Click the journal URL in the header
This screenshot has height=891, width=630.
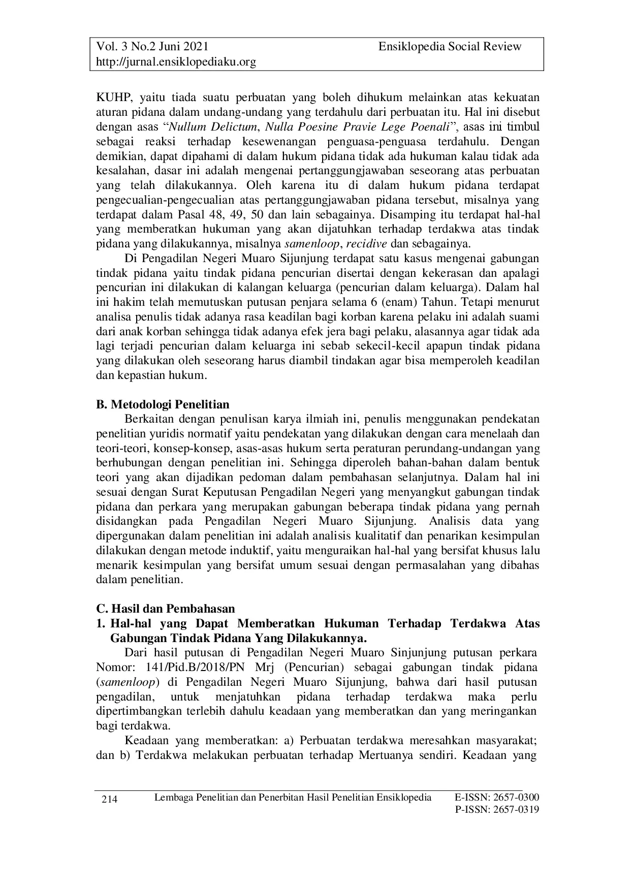click(x=176, y=62)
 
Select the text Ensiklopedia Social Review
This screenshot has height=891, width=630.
click(x=450, y=47)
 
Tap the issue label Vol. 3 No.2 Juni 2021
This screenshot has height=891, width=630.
click(x=152, y=47)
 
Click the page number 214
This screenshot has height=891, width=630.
click(x=110, y=800)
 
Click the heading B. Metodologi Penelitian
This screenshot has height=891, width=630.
click(x=163, y=404)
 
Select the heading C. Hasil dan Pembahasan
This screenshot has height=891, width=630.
click(x=166, y=609)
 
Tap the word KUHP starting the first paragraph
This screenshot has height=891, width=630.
click(x=110, y=97)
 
